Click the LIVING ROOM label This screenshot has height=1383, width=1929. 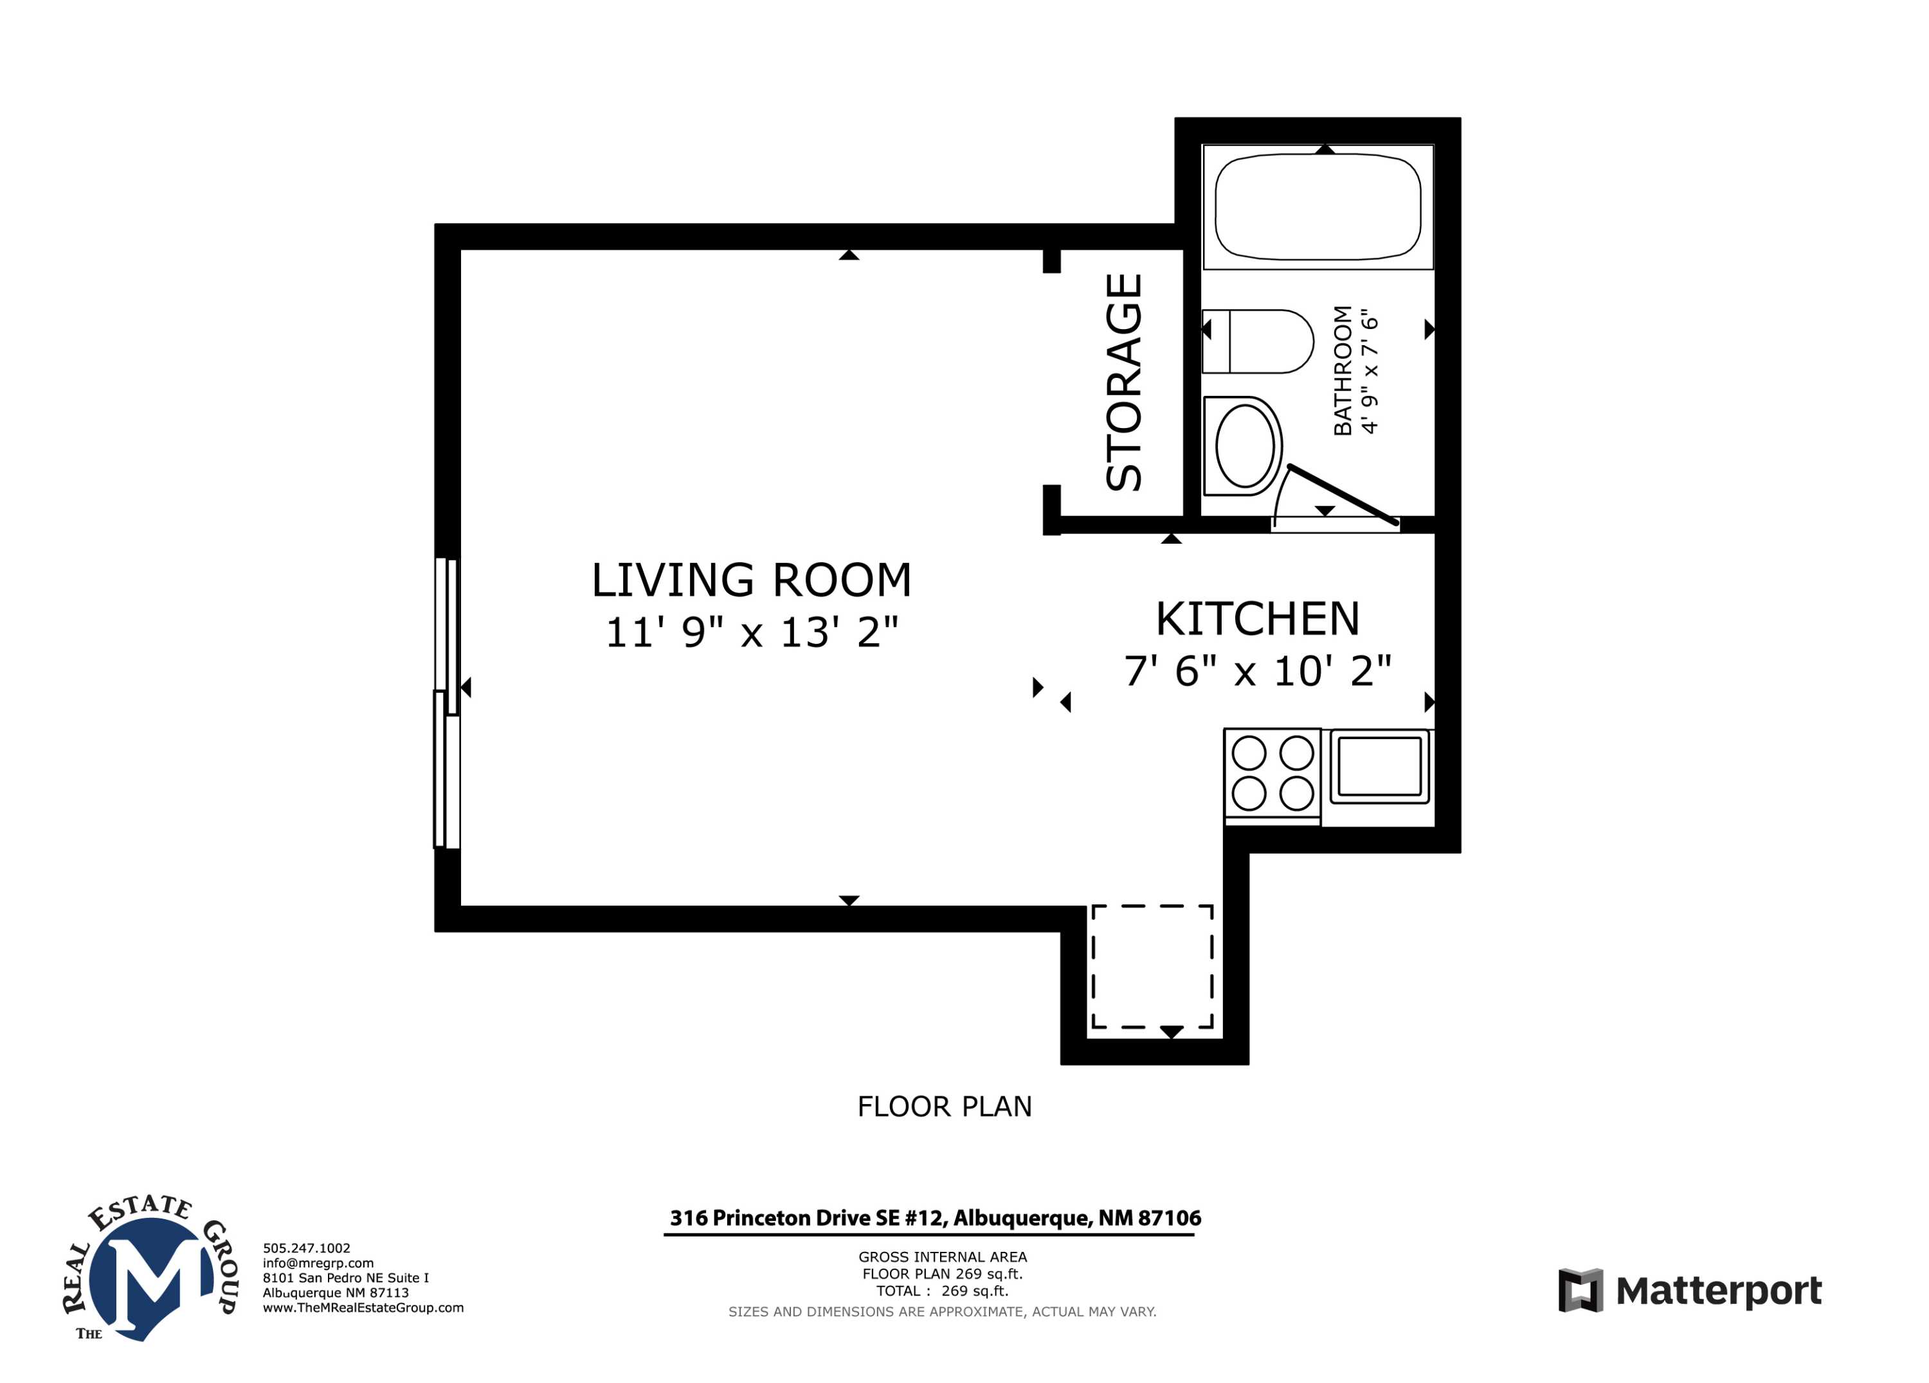pos(751,580)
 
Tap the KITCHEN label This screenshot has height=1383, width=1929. pos(1257,619)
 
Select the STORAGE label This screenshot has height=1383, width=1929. pos(1123,382)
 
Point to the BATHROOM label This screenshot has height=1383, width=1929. pos(1342,371)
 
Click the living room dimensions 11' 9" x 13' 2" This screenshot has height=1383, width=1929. pos(751,632)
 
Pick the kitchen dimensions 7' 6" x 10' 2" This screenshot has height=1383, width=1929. pos(1257,672)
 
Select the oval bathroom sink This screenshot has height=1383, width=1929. pos(1244,445)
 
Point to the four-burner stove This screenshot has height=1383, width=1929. pos(1272,774)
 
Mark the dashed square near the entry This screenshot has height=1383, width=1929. pos(1152,967)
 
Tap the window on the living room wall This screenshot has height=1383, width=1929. pos(446,702)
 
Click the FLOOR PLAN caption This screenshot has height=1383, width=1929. pos(944,1107)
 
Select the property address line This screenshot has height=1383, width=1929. pos(936,1218)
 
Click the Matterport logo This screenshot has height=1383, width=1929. pos(1689,1290)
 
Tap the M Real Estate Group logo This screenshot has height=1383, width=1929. pos(151,1268)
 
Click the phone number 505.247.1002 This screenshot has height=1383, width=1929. pos(306,1248)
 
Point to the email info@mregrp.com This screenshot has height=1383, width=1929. pos(318,1263)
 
